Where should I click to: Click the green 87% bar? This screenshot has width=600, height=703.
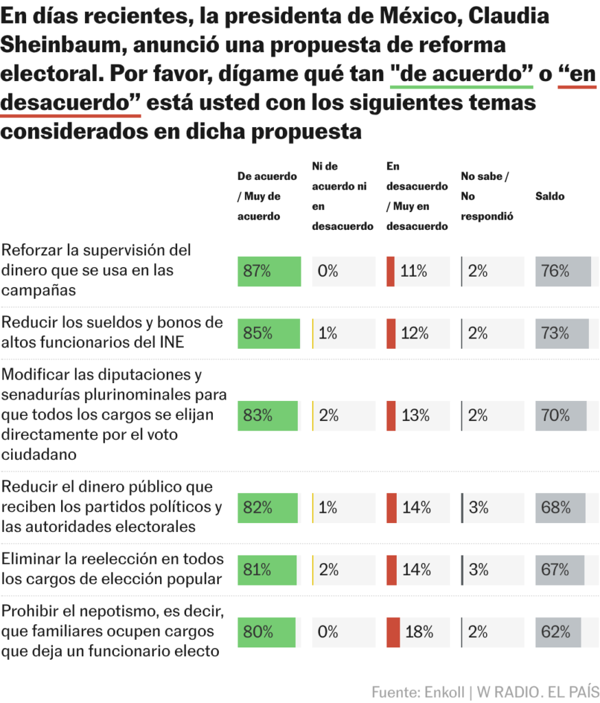point(269,271)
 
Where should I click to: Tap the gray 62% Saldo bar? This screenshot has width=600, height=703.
point(558,632)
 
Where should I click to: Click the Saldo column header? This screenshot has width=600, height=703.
point(550,196)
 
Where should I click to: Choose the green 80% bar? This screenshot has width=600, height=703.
point(266,632)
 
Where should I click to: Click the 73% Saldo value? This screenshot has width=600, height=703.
point(555,334)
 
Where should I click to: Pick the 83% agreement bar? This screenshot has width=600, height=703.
point(268,415)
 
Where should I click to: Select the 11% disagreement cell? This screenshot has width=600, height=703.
point(413,271)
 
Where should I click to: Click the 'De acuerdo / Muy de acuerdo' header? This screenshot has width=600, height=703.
point(267,196)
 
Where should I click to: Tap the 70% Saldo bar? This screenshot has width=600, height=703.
point(561,415)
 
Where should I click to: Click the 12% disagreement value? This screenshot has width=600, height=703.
point(415,334)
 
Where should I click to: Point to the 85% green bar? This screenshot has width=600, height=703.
point(268,334)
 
